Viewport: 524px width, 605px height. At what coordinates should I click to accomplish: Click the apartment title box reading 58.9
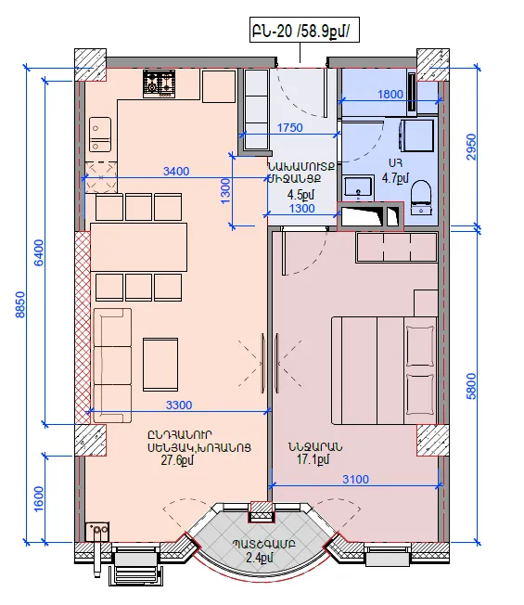[304, 30]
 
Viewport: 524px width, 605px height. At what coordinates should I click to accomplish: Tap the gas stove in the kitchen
[159, 84]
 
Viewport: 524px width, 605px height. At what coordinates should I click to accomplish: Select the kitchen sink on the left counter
[100, 135]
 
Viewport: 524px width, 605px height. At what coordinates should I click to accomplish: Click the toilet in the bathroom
[421, 197]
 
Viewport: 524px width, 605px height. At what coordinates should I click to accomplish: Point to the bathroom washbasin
[358, 187]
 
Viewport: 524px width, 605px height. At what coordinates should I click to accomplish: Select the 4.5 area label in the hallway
[300, 195]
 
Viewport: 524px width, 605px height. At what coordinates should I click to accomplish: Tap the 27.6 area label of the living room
[177, 460]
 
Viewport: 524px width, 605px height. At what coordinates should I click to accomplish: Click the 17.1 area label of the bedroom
[313, 459]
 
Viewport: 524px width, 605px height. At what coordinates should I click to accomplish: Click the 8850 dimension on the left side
[20, 304]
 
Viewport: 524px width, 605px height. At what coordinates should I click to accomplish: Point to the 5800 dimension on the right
[471, 386]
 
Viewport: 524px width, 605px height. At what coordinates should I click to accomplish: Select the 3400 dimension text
[176, 171]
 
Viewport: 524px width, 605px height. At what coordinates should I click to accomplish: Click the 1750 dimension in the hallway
[290, 127]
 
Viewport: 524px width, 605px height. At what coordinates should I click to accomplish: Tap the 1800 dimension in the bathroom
[390, 94]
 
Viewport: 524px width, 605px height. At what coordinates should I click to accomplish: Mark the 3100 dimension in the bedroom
[355, 479]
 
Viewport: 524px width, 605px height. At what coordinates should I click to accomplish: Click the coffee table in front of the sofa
[160, 365]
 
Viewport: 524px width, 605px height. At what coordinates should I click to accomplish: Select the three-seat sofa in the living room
[112, 366]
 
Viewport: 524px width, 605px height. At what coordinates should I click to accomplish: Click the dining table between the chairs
[138, 248]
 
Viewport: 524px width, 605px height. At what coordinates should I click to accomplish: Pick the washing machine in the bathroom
[417, 135]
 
